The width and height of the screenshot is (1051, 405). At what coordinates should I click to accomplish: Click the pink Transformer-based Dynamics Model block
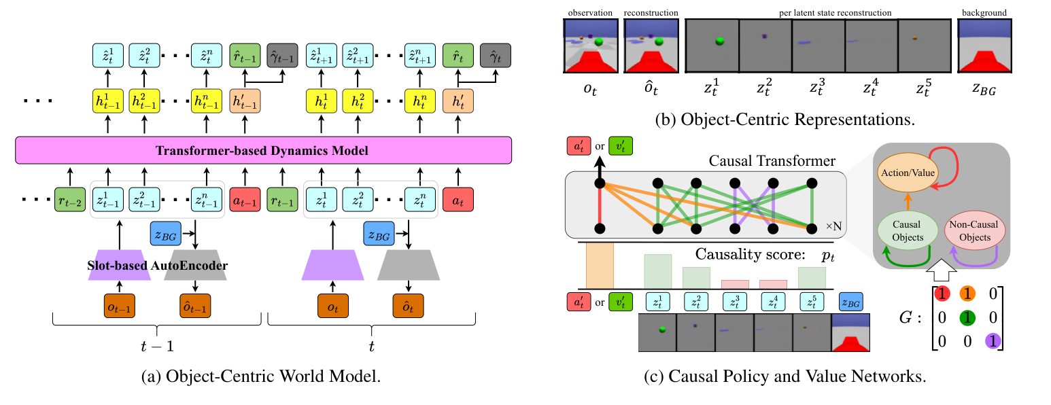pos(263,150)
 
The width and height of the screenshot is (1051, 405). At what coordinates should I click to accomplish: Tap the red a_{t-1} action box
pos(245,202)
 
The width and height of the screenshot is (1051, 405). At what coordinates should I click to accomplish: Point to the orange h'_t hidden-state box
pos(458,101)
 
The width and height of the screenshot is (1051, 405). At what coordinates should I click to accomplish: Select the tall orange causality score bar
pos(600,265)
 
